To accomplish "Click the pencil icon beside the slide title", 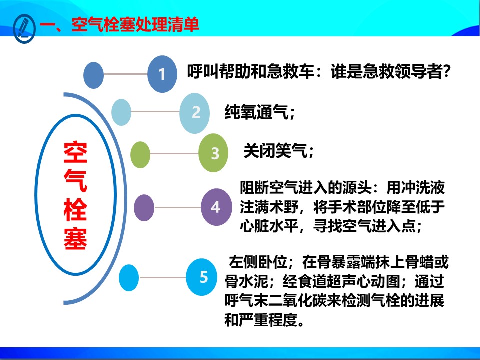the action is click(x=24, y=29).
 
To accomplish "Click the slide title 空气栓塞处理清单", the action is click(x=135, y=24).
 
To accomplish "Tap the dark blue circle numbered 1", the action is click(x=162, y=74).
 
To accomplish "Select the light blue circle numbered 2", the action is click(x=194, y=113).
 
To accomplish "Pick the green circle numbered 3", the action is click(x=213, y=153).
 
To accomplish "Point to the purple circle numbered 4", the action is click(x=216, y=207).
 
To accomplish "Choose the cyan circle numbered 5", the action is click(x=202, y=277).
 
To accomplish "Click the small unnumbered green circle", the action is click(x=140, y=155).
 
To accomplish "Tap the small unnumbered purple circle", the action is click(x=144, y=208).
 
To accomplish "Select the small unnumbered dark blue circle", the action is click(x=93, y=75).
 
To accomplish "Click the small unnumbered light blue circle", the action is click(x=121, y=112).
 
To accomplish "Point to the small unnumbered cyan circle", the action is click(x=129, y=278).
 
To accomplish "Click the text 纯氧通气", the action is click(x=256, y=112).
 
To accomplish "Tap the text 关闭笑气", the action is click(x=275, y=151).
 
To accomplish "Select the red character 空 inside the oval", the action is click(x=75, y=152).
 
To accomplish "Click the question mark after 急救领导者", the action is click(x=446, y=72).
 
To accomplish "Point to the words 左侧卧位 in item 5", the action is click(x=258, y=262).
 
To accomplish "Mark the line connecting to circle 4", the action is click(x=178, y=208).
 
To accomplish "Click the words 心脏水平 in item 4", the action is click(x=269, y=226).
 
